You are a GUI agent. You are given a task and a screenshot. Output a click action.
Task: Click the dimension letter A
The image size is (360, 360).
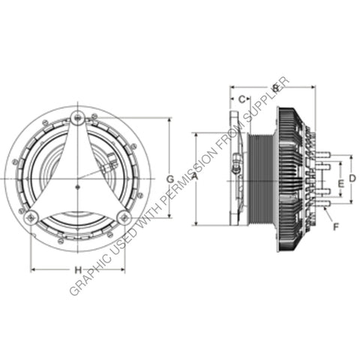[x=195, y=177]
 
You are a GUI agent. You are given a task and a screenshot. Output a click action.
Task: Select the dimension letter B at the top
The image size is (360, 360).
[x=275, y=88]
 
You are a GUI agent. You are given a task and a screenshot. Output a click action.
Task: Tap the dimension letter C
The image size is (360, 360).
[x=241, y=98]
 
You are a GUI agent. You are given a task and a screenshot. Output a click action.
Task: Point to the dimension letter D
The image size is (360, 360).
[x=352, y=178]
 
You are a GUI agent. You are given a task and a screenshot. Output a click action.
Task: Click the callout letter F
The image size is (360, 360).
[x=335, y=224]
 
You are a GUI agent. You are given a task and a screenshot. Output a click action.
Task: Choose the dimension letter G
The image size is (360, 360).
[x=170, y=178]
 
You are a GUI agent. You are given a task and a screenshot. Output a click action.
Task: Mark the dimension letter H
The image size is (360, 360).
[x=76, y=269]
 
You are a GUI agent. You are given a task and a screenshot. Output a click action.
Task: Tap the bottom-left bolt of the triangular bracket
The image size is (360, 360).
[x=30, y=217]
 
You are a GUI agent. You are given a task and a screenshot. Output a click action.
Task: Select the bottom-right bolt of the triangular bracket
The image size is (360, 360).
[x=124, y=217]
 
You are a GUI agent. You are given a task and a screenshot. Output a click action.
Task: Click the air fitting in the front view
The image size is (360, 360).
[x=111, y=160]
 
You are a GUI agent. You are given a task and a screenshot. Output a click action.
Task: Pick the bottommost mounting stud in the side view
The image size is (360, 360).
[x=322, y=202]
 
